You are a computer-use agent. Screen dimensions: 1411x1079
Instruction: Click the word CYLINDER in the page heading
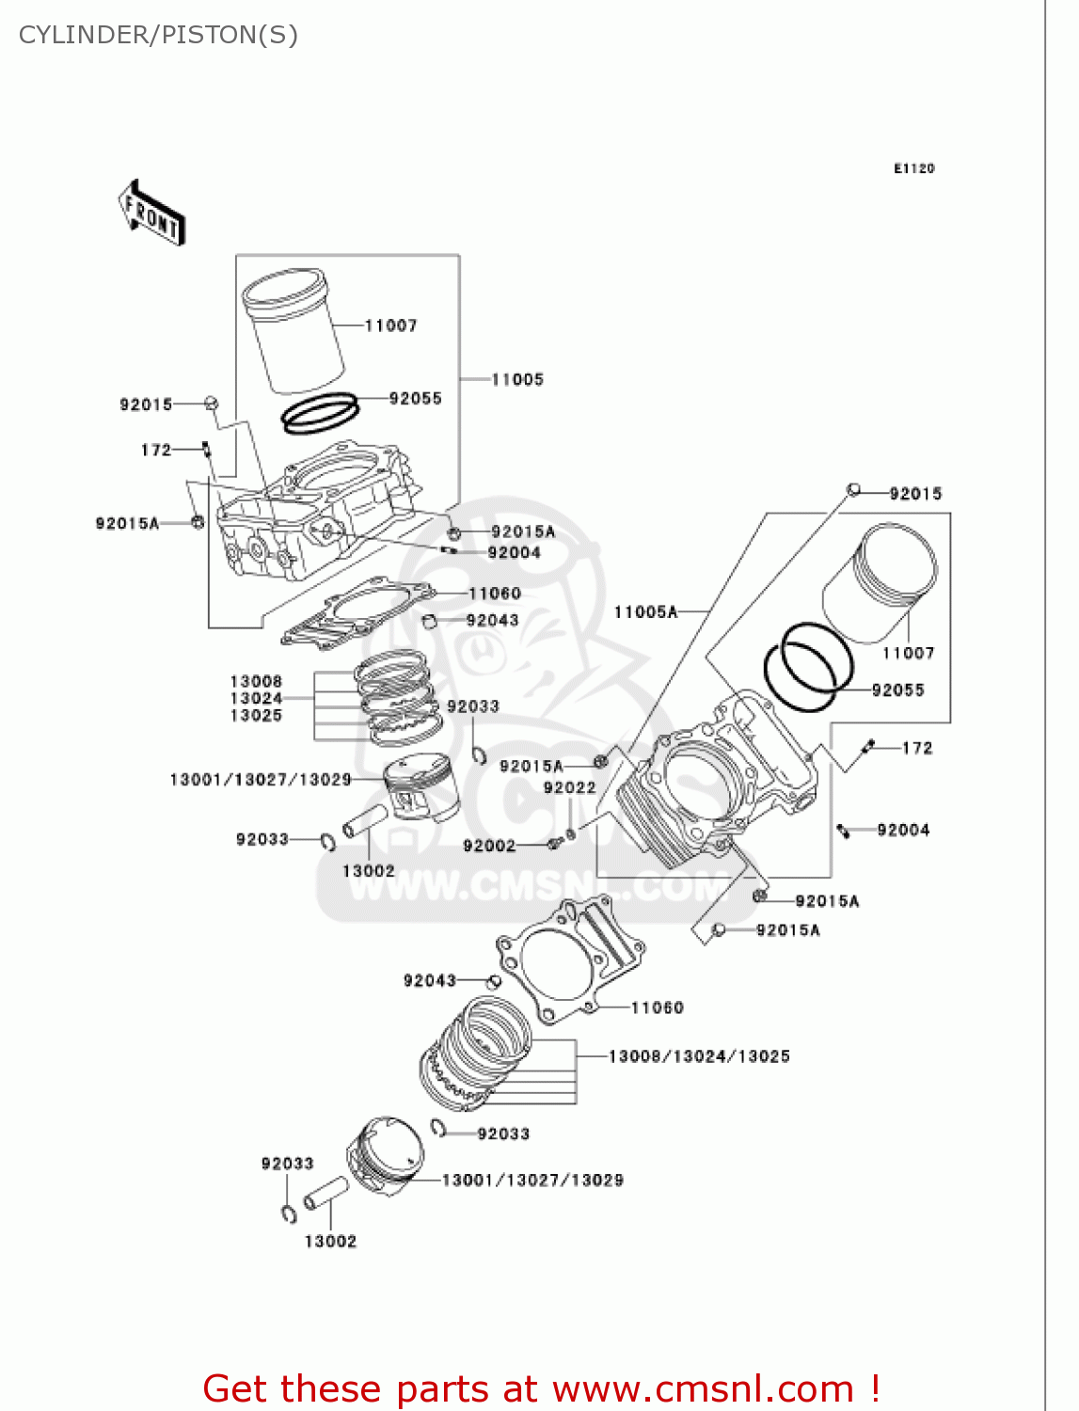[86, 35]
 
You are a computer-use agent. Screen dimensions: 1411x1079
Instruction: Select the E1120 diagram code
[913, 168]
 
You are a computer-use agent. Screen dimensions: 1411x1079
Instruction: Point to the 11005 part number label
[517, 380]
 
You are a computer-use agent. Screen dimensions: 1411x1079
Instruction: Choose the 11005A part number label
[645, 612]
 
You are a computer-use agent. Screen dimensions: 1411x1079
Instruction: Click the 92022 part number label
[569, 788]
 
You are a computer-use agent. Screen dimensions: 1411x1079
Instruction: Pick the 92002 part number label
[489, 846]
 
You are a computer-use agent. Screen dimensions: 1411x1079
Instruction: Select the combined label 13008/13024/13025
[699, 1056]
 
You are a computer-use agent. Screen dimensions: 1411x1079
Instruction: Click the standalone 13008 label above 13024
[256, 681]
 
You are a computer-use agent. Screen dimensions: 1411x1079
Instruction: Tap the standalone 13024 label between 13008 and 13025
[256, 698]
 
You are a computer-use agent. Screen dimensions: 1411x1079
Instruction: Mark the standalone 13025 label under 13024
[256, 716]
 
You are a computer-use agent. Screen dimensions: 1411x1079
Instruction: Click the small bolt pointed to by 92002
[555, 843]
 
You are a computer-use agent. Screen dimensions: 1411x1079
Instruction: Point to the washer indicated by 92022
[570, 832]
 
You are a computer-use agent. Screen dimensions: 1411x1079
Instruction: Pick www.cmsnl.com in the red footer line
[703, 1388]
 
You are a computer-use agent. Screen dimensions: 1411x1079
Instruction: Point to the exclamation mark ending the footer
[875, 1388]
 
